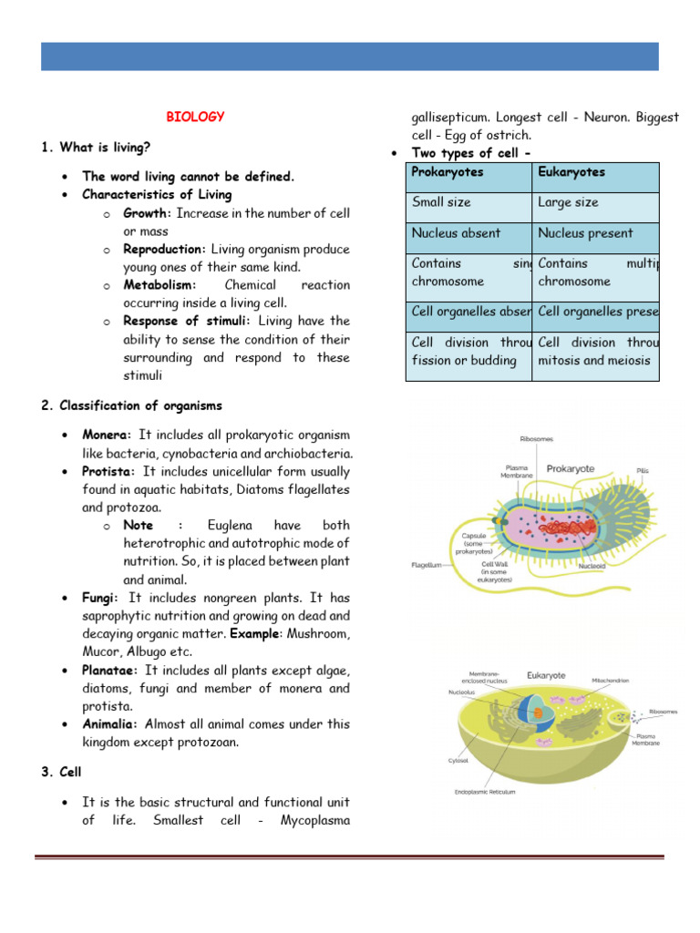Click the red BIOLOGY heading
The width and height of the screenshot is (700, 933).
coord(195,117)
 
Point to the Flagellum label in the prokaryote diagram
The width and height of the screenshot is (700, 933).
coord(427,565)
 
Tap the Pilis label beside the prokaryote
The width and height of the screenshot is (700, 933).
coord(643,471)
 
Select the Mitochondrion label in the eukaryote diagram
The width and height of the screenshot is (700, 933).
coord(613,680)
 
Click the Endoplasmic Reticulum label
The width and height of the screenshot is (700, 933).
coord(485,792)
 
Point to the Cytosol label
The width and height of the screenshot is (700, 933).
coord(458,759)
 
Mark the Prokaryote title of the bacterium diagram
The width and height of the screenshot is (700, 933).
coord(571,469)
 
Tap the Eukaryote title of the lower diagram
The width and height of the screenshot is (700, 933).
coord(547,676)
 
